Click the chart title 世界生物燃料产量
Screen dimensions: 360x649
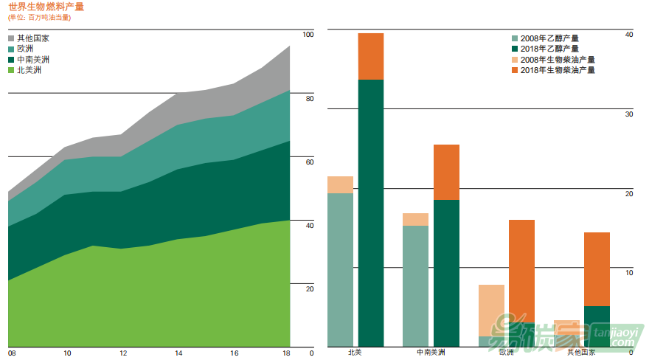click(46, 7)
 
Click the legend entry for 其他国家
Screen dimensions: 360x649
click(33, 38)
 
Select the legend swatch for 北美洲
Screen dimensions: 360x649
click(12, 70)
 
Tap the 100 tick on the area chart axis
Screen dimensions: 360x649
click(308, 35)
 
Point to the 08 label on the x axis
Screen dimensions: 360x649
click(12, 353)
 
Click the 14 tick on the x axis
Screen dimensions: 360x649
click(178, 353)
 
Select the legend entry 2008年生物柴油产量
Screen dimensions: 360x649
click(557, 59)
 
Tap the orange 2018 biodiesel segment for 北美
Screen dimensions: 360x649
click(371, 56)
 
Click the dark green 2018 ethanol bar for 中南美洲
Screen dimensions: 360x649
click(446, 273)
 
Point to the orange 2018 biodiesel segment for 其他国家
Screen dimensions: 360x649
click(597, 269)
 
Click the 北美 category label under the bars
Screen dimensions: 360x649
click(355, 353)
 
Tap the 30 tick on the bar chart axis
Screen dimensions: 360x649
click(628, 114)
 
